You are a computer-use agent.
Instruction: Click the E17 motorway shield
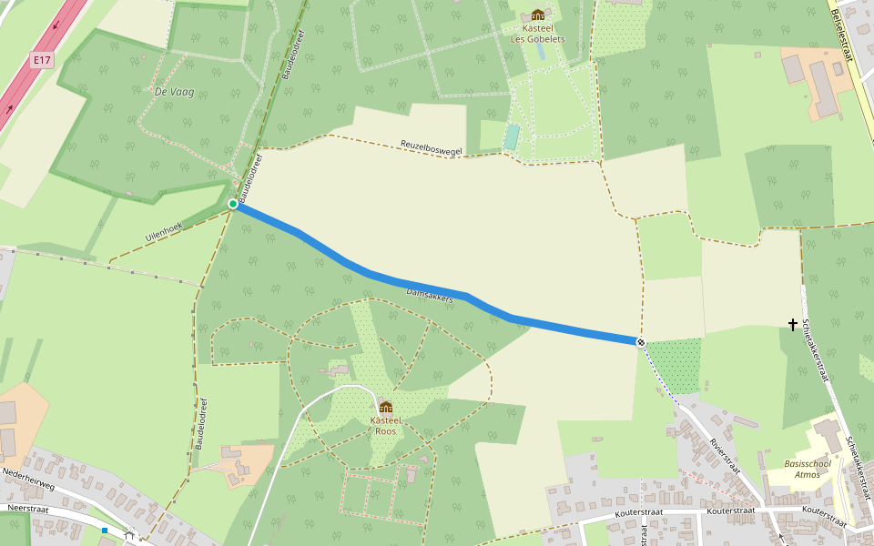click(x=40, y=61)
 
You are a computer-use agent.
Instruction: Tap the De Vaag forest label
click(x=172, y=91)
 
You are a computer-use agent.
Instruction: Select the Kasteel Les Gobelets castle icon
click(x=538, y=15)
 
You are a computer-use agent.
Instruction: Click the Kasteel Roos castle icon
click(x=385, y=407)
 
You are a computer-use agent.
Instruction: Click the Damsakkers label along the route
click(x=429, y=295)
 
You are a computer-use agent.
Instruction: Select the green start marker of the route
click(x=233, y=204)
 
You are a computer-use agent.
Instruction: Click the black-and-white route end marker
click(x=641, y=342)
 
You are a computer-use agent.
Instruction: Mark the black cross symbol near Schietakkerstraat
click(x=793, y=324)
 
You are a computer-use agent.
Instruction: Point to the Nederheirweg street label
click(x=28, y=478)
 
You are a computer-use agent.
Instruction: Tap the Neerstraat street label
click(x=25, y=509)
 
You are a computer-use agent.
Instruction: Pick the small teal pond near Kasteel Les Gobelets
click(x=512, y=137)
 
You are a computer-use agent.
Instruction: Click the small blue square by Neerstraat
click(x=105, y=530)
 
